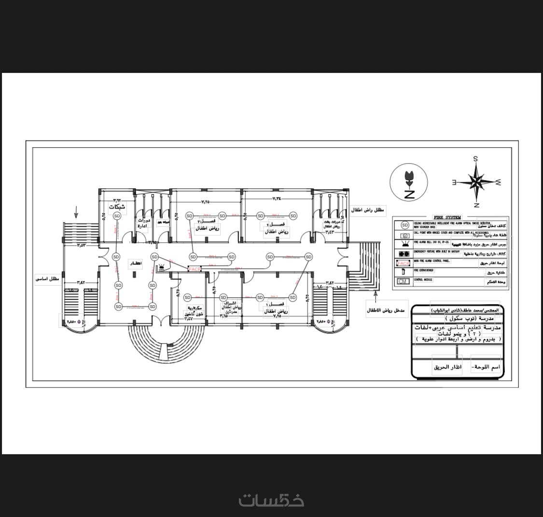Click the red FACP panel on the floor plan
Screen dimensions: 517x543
point(195,269)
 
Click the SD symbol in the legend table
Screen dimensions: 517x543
point(404,225)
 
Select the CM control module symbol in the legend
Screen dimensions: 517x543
point(403,281)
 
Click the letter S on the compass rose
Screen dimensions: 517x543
point(475,159)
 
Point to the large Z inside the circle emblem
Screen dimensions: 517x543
point(409,195)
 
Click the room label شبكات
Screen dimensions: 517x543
point(117,207)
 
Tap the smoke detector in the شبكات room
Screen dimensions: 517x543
point(117,216)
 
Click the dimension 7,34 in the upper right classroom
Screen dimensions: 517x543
point(277,198)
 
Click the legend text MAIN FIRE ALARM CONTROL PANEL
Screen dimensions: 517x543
point(432,261)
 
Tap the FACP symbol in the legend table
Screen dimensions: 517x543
point(403,264)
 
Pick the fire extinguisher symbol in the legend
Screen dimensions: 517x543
point(403,272)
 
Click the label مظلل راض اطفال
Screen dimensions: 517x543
point(368,210)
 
